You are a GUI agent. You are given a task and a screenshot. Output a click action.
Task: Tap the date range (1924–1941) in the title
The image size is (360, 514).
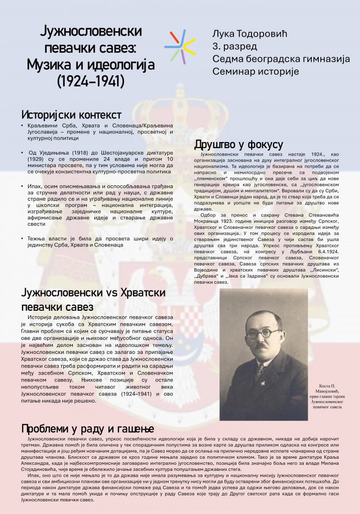pyautogui.click(x=90, y=80)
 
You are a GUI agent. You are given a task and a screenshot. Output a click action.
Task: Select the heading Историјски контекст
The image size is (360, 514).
pyautogui.click(x=71, y=114)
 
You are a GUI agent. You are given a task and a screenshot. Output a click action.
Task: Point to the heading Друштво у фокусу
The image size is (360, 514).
pyautogui.click(x=238, y=145)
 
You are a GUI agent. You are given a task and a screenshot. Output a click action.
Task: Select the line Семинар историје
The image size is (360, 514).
pyautogui.click(x=255, y=71)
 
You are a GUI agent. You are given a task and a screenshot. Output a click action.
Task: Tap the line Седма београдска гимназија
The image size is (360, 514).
pyautogui.click(x=281, y=59)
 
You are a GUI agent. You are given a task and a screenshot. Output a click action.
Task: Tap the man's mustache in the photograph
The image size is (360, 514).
pyautogui.click(x=261, y=345)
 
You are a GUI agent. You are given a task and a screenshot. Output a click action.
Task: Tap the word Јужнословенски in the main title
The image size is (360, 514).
pyautogui.click(x=90, y=32)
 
